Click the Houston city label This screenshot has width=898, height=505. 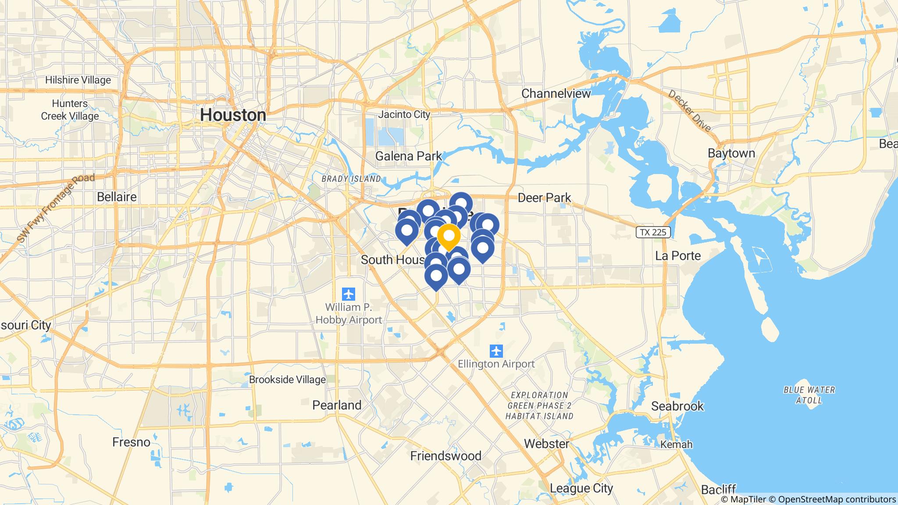tap(233, 115)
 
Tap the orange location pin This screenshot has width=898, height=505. tap(449, 237)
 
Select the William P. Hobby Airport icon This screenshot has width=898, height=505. tap(349, 293)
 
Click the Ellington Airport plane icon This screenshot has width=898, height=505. tap(496, 351)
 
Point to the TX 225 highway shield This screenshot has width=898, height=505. tap(653, 232)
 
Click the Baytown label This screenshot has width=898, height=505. tap(731, 153)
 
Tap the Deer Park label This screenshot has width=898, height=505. tap(544, 198)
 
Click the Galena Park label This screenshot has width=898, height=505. tap(409, 156)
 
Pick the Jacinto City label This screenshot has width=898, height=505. tap(404, 114)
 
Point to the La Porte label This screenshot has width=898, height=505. tap(678, 256)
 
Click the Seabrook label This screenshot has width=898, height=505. tap(677, 406)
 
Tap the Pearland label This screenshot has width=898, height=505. tap(337, 405)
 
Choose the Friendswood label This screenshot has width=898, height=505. tap(445, 456)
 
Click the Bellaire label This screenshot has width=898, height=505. tap(117, 197)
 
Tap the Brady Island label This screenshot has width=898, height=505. tap(351, 179)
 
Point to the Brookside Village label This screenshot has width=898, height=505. tap(287, 380)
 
